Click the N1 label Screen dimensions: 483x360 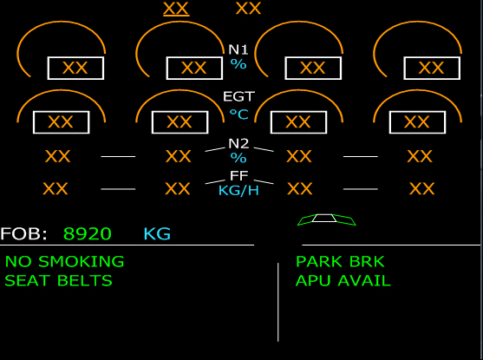238,49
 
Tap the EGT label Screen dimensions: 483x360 238,96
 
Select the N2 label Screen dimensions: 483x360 238,144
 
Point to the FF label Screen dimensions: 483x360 239,176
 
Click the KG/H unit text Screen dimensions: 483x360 238,191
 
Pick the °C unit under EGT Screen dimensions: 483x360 239,115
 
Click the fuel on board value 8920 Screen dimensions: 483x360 88,233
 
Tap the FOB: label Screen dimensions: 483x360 23,233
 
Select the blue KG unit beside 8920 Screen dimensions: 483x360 157,233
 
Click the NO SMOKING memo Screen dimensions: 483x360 65,262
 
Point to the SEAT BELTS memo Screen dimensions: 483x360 58,280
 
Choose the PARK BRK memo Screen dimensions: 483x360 340,262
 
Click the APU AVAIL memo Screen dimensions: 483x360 343,280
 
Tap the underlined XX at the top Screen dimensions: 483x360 176,9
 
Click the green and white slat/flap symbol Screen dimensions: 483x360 327,219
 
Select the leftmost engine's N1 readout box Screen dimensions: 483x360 75,69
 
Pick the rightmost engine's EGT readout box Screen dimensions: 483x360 417,122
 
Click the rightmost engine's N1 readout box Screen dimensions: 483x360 432,69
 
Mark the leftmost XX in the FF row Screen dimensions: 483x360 55,188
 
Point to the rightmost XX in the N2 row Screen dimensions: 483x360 420,156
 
